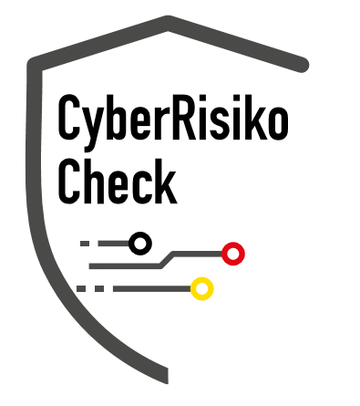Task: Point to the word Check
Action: coord(118,181)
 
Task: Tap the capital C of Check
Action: coord(69,182)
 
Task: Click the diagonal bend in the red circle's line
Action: coord(168,260)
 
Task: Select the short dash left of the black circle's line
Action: coord(85,244)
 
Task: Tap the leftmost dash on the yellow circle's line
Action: coord(81,288)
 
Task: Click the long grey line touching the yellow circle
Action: coord(152,288)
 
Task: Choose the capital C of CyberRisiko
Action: coord(69,118)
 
